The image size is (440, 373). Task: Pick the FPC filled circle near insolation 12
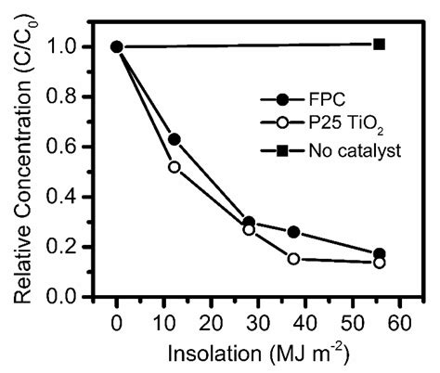(x=173, y=139)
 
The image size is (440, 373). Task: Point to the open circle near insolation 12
(x=173, y=167)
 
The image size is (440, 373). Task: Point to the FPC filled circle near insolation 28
(x=275, y=223)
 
